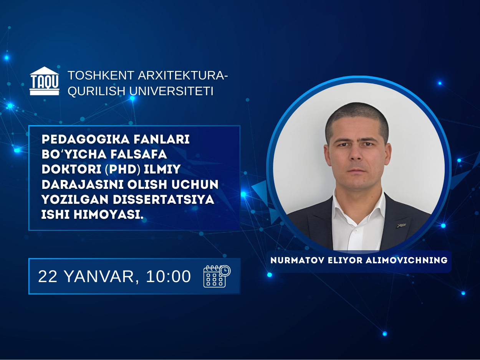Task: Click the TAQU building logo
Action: [45, 81]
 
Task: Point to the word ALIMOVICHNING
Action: [404, 261]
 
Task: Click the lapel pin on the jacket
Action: [402, 225]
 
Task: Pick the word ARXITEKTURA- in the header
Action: [182, 76]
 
